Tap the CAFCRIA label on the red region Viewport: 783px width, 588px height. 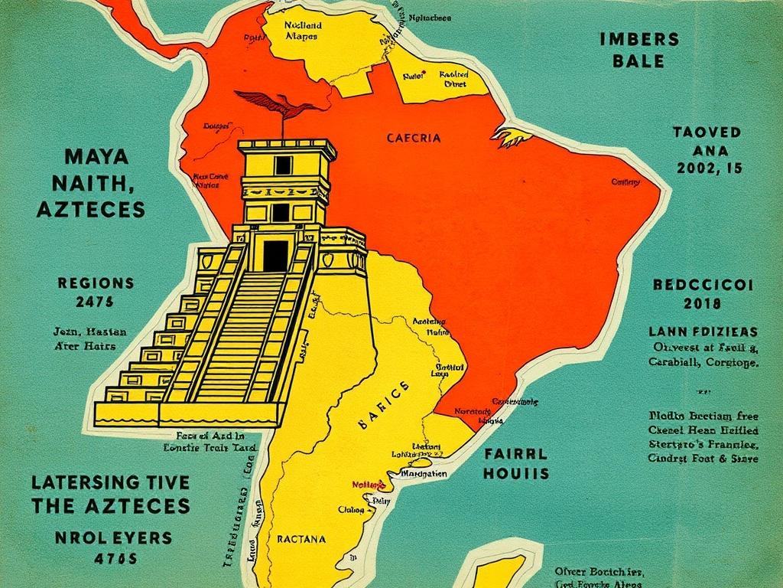pos(413,139)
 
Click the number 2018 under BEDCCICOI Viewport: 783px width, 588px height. pos(703,303)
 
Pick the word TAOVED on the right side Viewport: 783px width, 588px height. pos(707,132)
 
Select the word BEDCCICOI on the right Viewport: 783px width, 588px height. pos(703,285)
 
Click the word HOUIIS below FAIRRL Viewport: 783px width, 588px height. pos(516,473)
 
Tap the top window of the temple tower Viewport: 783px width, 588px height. pos(283,165)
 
